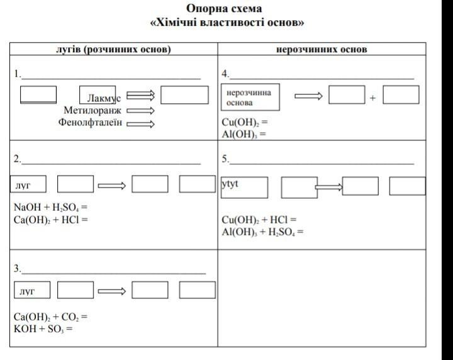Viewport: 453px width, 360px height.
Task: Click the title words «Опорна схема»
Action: (224, 9)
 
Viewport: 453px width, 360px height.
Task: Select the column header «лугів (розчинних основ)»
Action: (113, 49)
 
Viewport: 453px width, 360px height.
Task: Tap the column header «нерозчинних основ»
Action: (322, 49)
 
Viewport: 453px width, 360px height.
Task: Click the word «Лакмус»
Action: (104, 99)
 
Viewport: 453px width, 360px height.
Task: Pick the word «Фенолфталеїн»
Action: (89, 122)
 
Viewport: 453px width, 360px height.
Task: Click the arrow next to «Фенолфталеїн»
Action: (140, 123)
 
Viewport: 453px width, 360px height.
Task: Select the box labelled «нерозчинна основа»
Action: (250, 97)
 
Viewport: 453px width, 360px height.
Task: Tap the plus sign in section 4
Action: (372, 98)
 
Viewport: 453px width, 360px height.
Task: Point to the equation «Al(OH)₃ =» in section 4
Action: (244, 133)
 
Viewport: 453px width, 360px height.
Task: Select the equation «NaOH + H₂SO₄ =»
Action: (50, 207)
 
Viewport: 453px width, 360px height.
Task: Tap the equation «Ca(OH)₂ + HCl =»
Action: (50, 219)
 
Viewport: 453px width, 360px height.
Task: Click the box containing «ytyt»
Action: (244, 187)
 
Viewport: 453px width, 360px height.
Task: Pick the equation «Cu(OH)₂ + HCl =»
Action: (259, 220)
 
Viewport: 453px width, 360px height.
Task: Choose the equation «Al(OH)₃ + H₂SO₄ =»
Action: (262, 231)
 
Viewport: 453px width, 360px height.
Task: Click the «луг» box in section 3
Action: (31, 290)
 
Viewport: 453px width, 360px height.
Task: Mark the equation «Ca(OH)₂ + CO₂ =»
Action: (50, 317)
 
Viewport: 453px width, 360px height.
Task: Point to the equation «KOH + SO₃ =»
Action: (43, 328)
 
